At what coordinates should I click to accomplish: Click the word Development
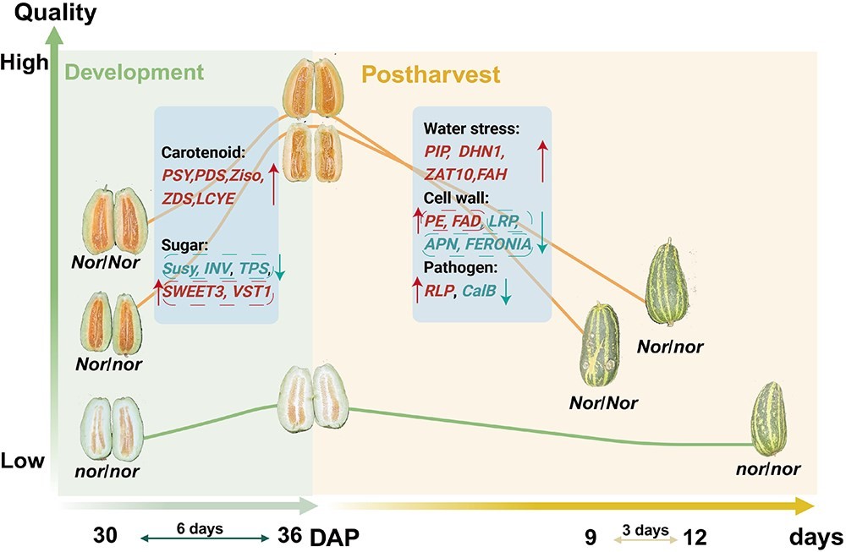(x=134, y=72)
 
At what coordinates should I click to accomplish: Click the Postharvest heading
(x=431, y=74)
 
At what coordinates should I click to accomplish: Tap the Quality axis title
(x=56, y=13)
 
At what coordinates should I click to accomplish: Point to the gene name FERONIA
(x=498, y=244)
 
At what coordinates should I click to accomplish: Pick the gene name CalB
(x=479, y=291)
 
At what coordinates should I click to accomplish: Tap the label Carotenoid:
(x=203, y=152)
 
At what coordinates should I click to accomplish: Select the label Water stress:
(x=471, y=128)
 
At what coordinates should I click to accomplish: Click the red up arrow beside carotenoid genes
(x=273, y=185)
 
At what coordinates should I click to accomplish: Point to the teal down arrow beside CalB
(x=506, y=292)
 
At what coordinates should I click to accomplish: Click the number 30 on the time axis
(x=105, y=536)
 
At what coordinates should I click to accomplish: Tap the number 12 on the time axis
(x=695, y=537)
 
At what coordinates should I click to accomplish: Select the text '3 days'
(x=645, y=530)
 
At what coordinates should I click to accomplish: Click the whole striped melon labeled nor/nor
(x=769, y=418)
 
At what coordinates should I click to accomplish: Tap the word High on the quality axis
(x=25, y=63)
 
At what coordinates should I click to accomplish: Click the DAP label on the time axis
(x=334, y=537)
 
